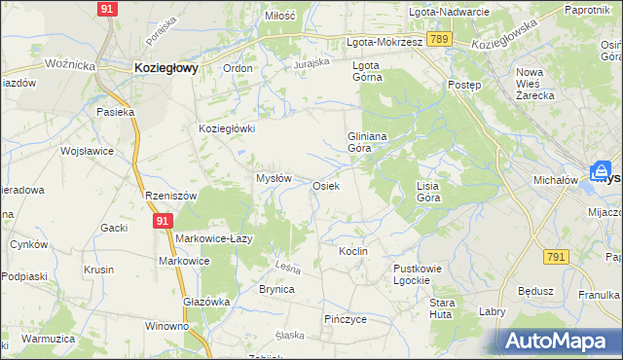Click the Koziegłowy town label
165,68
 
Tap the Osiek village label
325,186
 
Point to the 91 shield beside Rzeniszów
162,222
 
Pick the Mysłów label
274,179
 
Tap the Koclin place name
352,251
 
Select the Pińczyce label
345,318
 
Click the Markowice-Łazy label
215,238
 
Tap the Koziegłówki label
226,128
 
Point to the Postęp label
464,85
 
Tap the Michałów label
557,180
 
